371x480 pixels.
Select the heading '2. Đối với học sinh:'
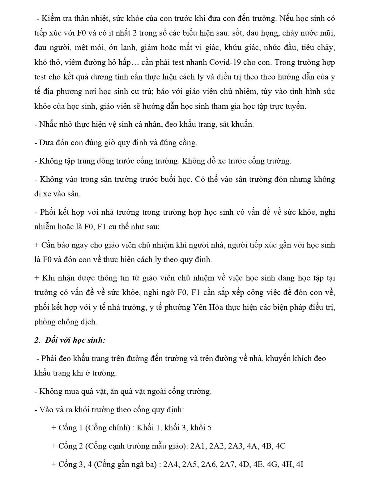click(70, 340)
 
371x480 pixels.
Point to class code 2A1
click(198, 446)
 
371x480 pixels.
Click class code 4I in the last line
click(300, 464)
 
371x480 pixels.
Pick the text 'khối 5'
click(201, 428)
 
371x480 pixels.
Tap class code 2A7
click(228, 464)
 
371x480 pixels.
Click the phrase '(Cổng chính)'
click(108, 428)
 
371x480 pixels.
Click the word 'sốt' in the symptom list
click(237, 33)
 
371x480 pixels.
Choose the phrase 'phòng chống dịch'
click(66, 322)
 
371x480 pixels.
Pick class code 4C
click(280, 446)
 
